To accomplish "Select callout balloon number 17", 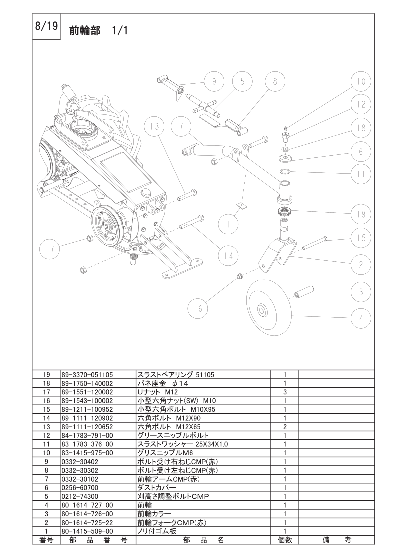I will (52, 248).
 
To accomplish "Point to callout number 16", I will (198, 309).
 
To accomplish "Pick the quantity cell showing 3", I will (284, 392).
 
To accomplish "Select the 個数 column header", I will (284, 540).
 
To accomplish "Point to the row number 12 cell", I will (46, 435).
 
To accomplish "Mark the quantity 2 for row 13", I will (284, 427).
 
